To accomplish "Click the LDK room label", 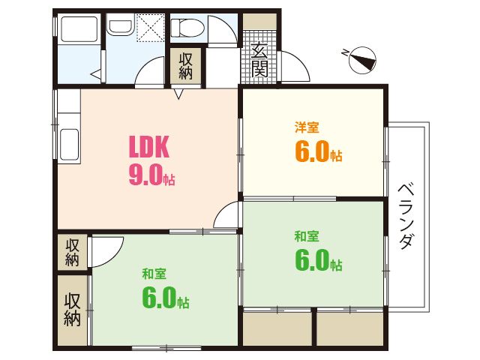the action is pyautogui.click(x=148, y=147).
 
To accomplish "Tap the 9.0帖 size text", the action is pyautogui.click(x=151, y=175).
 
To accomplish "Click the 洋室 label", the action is pyautogui.click(x=307, y=127).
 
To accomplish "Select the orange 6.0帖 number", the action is pyautogui.click(x=318, y=151).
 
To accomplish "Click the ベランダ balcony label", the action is pyautogui.click(x=407, y=215).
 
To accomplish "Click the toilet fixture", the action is pyautogui.click(x=187, y=28).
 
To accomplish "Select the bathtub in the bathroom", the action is pyautogui.click(x=79, y=29).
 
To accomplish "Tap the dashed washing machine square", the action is pyautogui.click(x=150, y=28).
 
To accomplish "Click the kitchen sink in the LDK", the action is pyautogui.click(x=70, y=144).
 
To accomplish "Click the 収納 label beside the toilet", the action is pyautogui.click(x=185, y=66).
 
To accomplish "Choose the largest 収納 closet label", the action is pyautogui.click(x=72, y=310).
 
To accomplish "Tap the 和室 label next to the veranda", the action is pyautogui.click(x=307, y=237).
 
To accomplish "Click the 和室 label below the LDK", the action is pyautogui.click(x=154, y=274).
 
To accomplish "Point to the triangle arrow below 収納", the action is pyautogui.click(x=178, y=94).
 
